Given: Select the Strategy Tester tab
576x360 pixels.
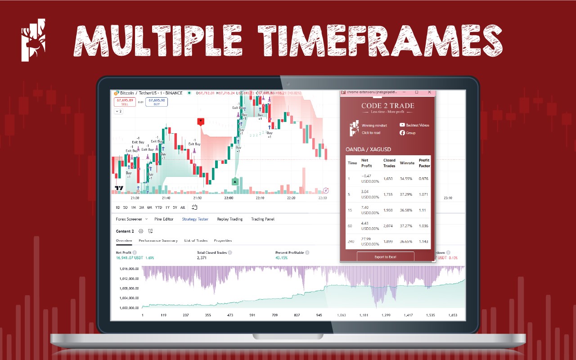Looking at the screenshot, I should click(x=195, y=219).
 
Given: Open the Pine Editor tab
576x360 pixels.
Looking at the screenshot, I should click(x=164, y=219).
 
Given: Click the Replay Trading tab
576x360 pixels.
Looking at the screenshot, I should click(x=229, y=219).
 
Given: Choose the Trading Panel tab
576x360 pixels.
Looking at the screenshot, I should click(x=262, y=219).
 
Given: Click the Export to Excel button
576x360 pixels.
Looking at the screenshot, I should click(x=385, y=257).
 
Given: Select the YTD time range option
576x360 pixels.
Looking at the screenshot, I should click(x=158, y=207).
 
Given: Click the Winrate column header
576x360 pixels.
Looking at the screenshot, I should click(x=407, y=163).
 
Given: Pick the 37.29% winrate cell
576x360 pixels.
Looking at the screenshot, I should click(x=407, y=194).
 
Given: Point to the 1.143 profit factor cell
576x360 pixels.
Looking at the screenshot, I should click(x=423, y=242).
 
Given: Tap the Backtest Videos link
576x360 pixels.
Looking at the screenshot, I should click(x=417, y=125).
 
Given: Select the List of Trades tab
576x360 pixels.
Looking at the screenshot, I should click(x=196, y=240).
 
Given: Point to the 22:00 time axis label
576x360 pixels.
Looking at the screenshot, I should click(x=229, y=198).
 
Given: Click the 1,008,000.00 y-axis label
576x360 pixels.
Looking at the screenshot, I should click(x=129, y=288).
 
